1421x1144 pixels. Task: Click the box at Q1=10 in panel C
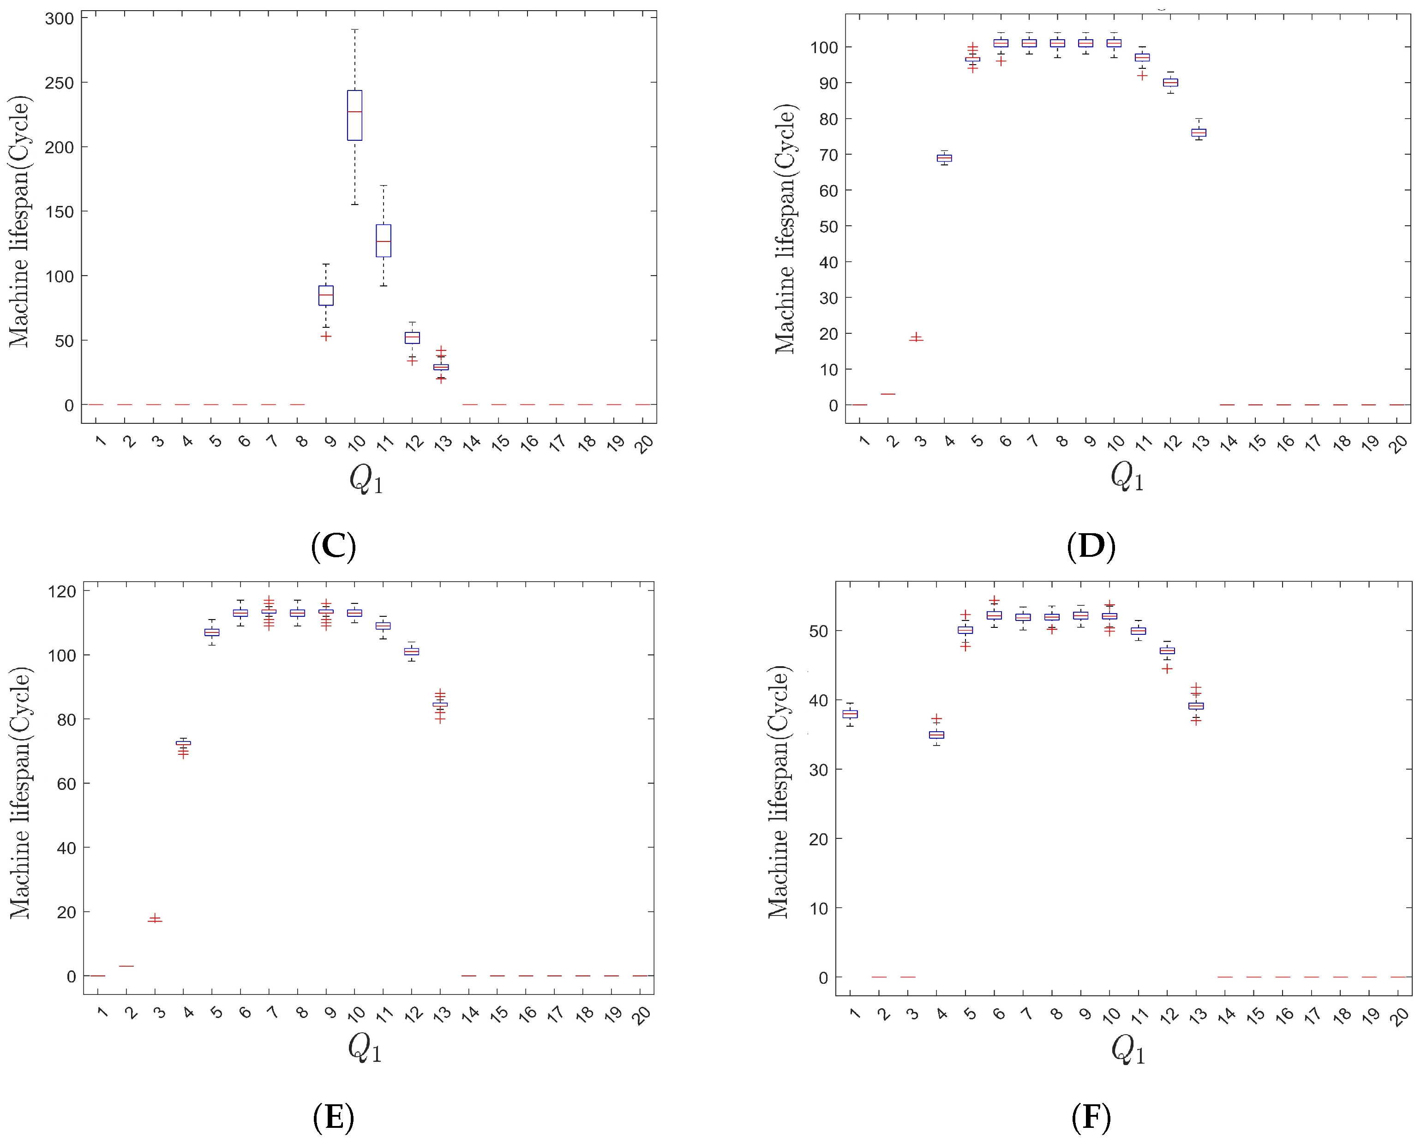pos(354,115)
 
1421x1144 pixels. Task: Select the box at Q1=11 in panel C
pos(384,241)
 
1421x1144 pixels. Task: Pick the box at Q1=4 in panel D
pos(944,158)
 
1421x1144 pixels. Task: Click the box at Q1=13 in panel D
pos(1198,132)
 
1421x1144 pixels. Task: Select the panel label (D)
pos(1091,547)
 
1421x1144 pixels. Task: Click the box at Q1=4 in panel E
pos(183,743)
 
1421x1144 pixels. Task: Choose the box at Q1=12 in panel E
pos(411,651)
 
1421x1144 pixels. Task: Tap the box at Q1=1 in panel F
pos(850,714)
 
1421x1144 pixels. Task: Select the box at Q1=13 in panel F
pos(1196,705)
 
